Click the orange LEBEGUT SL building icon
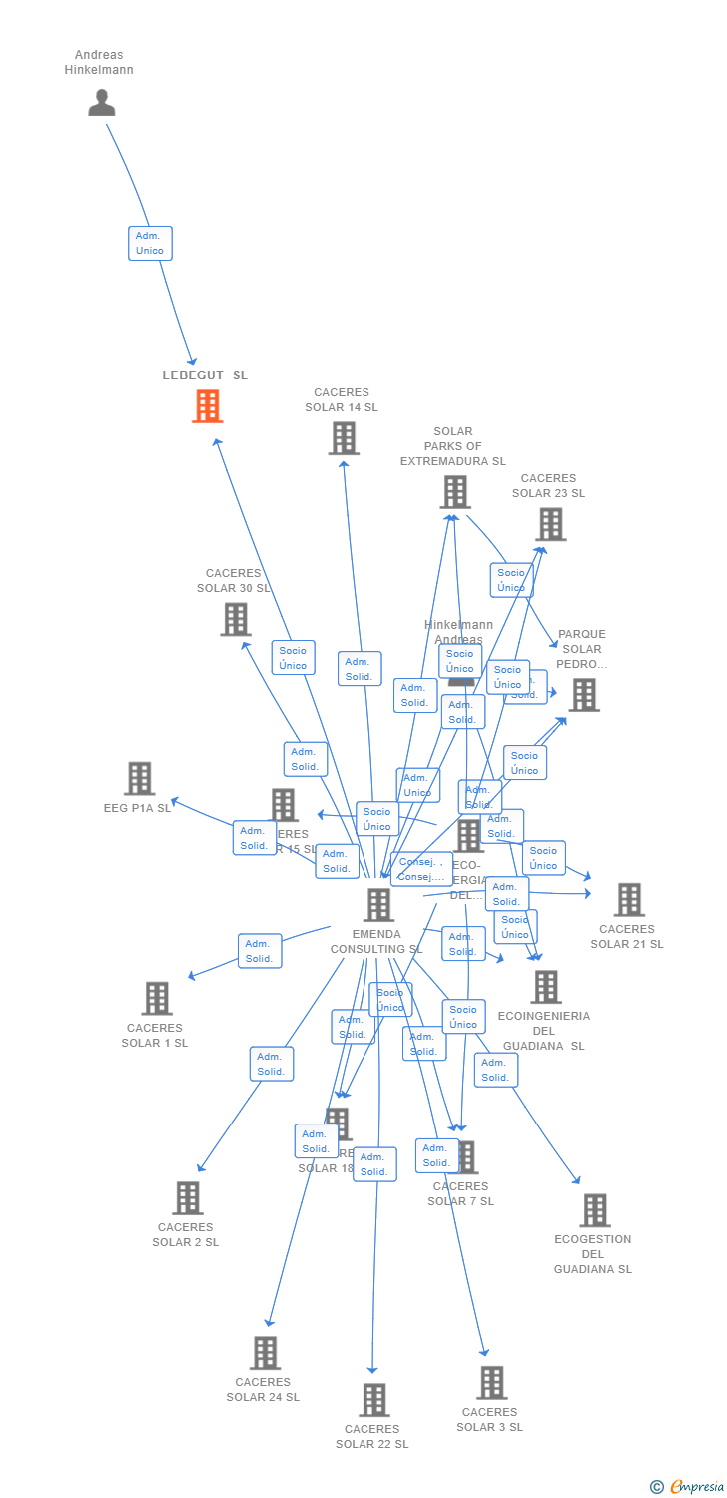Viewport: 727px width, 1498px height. (x=208, y=406)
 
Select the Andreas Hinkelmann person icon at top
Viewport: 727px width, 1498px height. (x=102, y=102)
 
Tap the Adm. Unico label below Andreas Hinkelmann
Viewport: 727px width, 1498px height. (x=150, y=243)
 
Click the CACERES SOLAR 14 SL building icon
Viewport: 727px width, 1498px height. (x=344, y=438)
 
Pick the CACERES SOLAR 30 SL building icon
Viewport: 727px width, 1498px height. (x=236, y=619)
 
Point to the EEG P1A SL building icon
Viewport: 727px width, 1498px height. (x=140, y=779)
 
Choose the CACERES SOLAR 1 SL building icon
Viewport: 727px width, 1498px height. (x=157, y=998)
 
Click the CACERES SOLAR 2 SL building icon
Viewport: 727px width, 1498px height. (x=188, y=1198)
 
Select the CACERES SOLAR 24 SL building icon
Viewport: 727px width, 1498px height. (x=265, y=1353)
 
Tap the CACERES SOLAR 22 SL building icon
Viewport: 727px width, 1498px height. (x=374, y=1400)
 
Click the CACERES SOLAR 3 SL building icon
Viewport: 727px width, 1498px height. (x=491, y=1383)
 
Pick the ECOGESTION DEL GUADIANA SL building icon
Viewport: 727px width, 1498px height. (x=595, y=1210)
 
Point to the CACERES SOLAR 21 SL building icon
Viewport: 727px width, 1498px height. (x=628, y=900)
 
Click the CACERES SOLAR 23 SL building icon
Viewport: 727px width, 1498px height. (x=550, y=524)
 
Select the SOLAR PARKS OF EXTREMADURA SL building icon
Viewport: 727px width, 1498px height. (x=455, y=492)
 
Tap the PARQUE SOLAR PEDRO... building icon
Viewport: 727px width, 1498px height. (x=583, y=695)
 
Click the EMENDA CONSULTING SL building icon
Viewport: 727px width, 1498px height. (x=378, y=905)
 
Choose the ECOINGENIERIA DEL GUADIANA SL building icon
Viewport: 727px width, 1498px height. (x=546, y=987)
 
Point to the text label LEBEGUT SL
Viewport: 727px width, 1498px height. (x=205, y=375)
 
